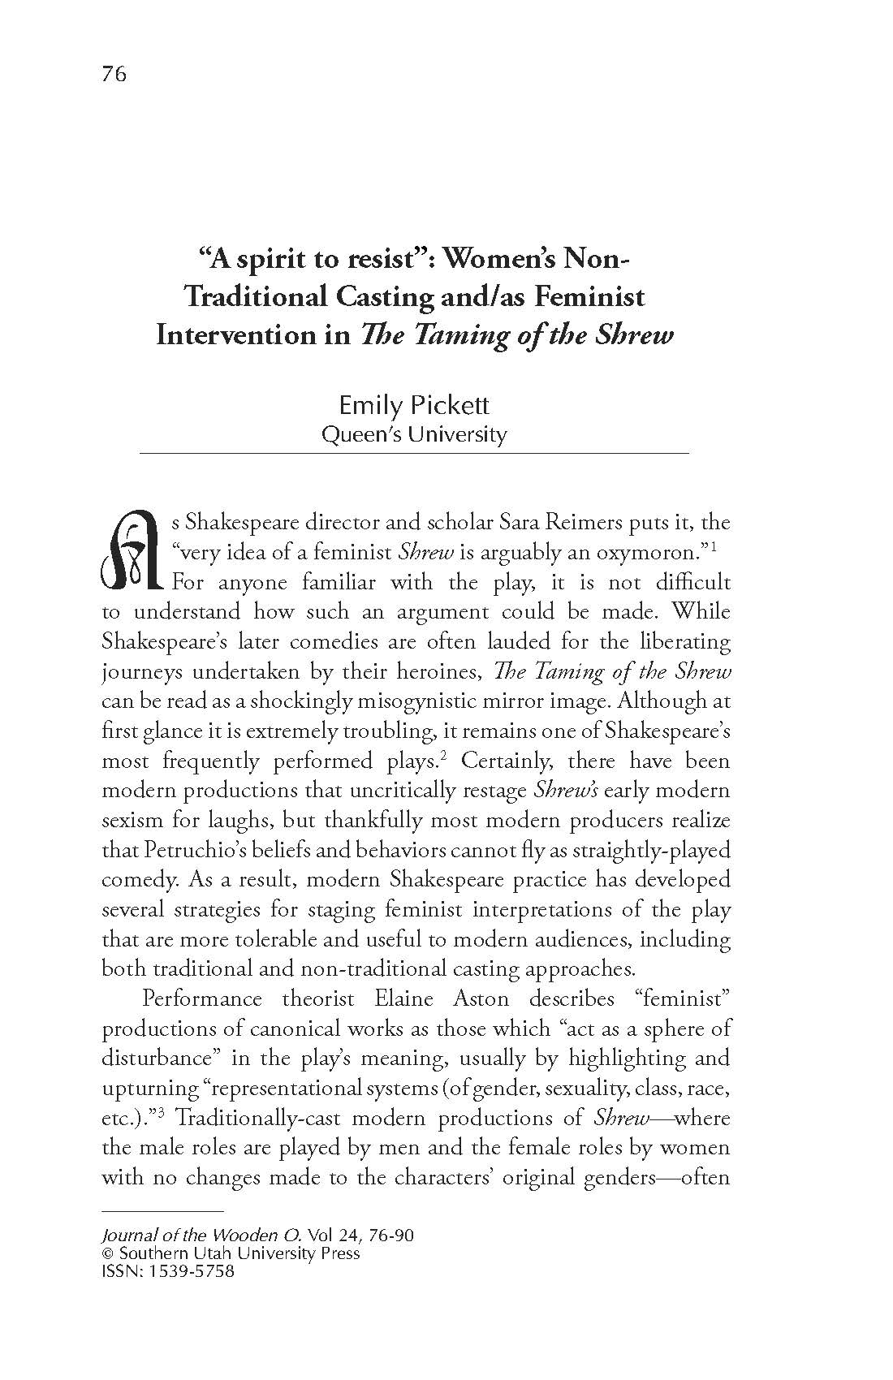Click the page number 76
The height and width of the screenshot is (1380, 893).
click(114, 75)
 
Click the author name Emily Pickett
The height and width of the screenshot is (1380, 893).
click(414, 405)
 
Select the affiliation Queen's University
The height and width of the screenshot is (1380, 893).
click(414, 434)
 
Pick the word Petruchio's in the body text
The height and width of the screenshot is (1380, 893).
click(173, 850)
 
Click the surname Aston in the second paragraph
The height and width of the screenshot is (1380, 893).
click(482, 998)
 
